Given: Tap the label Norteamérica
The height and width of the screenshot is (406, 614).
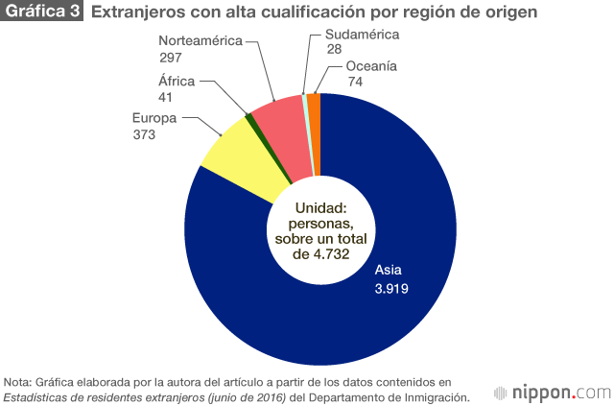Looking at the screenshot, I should pos(201,41).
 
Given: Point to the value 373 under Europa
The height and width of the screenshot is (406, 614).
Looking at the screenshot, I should pos(144,135).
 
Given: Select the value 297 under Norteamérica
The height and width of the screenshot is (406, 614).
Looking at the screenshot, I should pos(170,58).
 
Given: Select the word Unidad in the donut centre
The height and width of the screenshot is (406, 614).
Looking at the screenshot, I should pos(320,208).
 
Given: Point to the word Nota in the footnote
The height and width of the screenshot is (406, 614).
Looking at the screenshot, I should pos(17,381).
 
